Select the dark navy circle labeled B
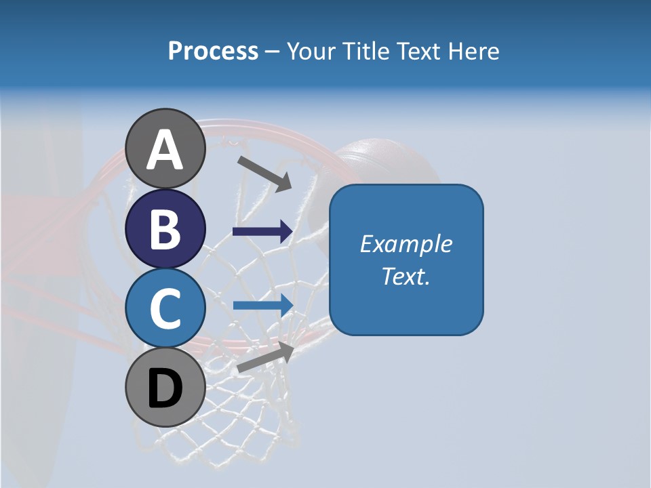pyautogui.click(x=165, y=229)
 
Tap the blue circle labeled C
pyautogui.click(x=165, y=308)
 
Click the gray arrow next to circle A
pyautogui.click(x=264, y=173)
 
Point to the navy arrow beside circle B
pyautogui.click(x=262, y=232)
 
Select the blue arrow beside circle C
pyautogui.click(x=262, y=304)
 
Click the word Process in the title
pyautogui.click(x=213, y=52)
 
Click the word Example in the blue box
pyautogui.click(x=406, y=244)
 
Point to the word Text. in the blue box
pyautogui.click(x=406, y=277)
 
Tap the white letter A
pyautogui.click(x=165, y=149)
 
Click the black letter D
pyautogui.click(x=165, y=389)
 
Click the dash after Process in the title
pyautogui.click(x=272, y=52)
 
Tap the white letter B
pyautogui.click(x=165, y=229)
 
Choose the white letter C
pyautogui.click(x=165, y=308)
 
